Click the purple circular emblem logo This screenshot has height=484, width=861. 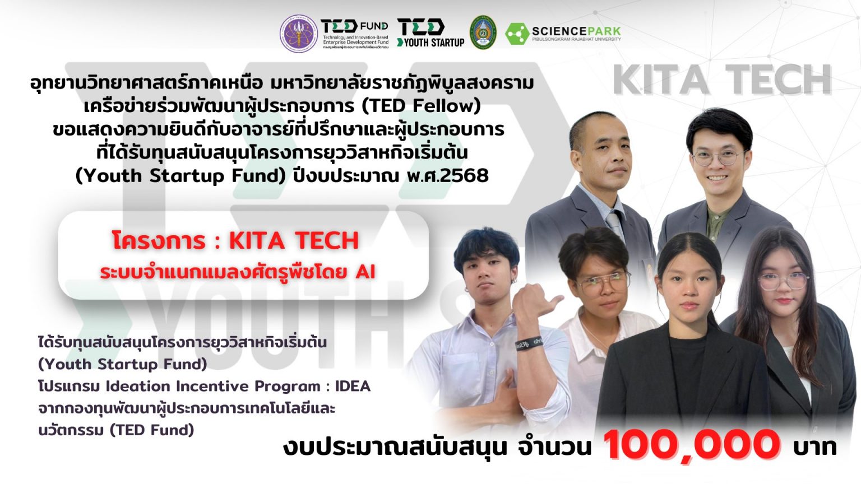[x=299, y=33]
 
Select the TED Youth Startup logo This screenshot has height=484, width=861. [x=430, y=32]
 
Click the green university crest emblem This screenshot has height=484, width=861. [x=483, y=32]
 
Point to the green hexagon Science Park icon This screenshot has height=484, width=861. [x=516, y=34]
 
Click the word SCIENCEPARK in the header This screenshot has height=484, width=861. [x=576, y=31]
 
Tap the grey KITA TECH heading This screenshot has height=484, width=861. [x=722, y=80]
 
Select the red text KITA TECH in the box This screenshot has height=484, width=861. [x=294, y=241]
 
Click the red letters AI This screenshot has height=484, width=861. [x=365, y=272]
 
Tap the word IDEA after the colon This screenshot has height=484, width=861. [x=353, y=387]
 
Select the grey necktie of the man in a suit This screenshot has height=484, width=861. [x=615, y=225]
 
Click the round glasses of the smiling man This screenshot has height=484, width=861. [x=715, y=157]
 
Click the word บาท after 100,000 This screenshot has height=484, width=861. [x=814, y=446]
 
